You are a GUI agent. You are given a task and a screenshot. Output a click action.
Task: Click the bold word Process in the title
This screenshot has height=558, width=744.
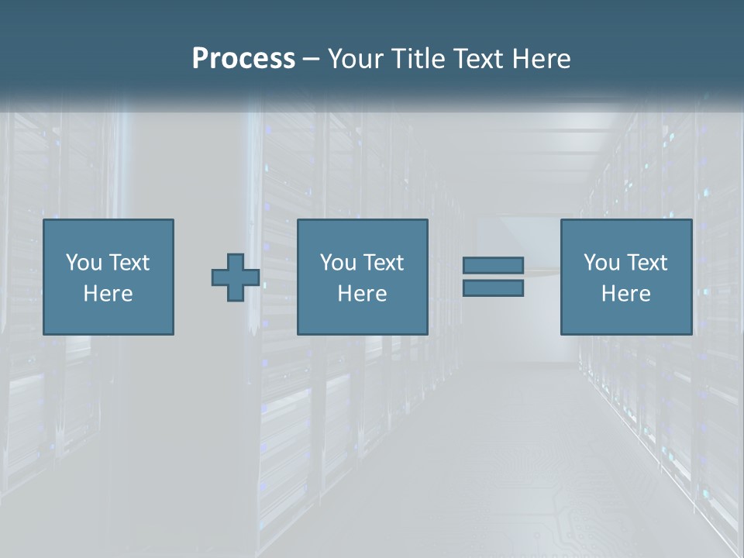click(243, 59)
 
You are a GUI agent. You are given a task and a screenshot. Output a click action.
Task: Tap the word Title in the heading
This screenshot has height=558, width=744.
click(417, 59)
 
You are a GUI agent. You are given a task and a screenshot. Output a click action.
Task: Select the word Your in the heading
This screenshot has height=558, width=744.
click(356, 59)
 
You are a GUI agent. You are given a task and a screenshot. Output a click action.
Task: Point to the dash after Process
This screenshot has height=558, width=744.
click(311, 60)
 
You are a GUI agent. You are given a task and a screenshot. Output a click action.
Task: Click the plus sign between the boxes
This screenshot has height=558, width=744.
click(236, 277)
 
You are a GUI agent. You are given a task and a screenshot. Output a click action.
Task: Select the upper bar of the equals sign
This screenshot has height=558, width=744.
click(493, 266)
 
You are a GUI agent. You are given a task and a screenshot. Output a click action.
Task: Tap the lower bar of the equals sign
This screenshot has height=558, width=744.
click(493, 288)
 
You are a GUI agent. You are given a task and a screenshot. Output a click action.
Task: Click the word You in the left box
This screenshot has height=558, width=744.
click(84, 263)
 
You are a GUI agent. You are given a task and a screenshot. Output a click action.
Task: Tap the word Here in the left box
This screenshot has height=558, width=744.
click(108, 294)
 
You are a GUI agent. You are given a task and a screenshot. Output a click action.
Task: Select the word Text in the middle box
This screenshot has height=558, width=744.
click(383, 263)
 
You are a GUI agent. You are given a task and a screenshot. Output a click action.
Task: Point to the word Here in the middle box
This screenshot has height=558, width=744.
click(363, 294)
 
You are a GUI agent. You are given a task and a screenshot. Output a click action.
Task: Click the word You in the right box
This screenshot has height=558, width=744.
click(601, 263)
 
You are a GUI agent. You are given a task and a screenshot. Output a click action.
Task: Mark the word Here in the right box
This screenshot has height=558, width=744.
click(626, 294)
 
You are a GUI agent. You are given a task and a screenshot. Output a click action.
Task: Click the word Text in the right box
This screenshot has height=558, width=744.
click(646, 263)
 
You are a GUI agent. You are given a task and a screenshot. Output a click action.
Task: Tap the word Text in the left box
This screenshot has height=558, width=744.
click(129, 263)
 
